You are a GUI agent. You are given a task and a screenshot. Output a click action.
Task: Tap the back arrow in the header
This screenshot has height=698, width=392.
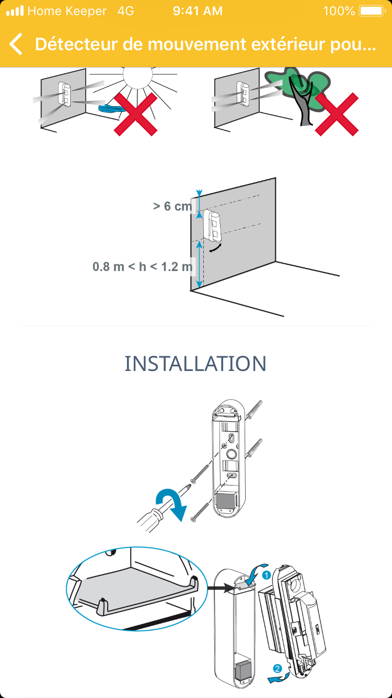(16, 44)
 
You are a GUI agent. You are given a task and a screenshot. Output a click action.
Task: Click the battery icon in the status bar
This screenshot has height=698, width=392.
(372, 11)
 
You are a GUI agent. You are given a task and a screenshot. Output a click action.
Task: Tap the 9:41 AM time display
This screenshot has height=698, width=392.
(198, 11)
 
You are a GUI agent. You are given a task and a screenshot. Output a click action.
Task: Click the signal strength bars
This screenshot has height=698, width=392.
(15, 10)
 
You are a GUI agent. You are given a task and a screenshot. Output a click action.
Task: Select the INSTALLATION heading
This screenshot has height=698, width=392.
(195, 363)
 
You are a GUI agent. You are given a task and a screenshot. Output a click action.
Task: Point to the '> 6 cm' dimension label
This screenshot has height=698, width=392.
(172, 206)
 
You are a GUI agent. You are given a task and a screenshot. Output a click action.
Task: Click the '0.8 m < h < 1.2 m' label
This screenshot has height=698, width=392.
(143, 267)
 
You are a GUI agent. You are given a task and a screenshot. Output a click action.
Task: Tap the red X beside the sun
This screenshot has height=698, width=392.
(135, 114)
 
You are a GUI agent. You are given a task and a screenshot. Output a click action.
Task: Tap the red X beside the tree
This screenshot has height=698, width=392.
(337, 114)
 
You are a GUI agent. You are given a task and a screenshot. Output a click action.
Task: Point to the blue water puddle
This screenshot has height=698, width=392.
(112, 109)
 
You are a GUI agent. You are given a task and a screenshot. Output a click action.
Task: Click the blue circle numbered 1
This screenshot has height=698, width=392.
(266, 575)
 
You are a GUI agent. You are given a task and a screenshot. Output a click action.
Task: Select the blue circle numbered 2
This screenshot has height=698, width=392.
(277, 668)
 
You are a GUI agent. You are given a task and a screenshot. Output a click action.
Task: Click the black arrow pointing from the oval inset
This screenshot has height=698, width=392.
(221, 588)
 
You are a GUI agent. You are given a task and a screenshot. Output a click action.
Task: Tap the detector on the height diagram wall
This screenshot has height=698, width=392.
(213, 226)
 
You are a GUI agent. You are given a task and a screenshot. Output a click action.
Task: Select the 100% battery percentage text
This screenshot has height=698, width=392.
(339, 11)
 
